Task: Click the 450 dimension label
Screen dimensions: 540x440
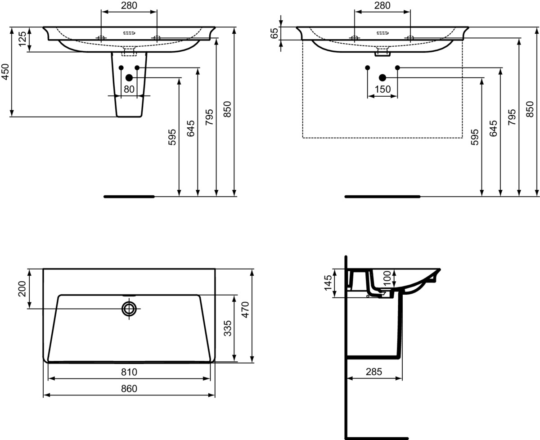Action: (x=5, y=72)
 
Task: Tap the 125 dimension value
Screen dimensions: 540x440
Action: (x=22, y=39)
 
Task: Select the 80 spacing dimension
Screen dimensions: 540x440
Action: (x=129, y=89)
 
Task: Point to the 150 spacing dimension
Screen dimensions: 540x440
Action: (x=382, y=89)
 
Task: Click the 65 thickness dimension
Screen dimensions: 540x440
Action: (x=274, y=33)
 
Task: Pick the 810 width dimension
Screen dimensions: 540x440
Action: (x=129, y=372)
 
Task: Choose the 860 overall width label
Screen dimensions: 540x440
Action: (x=129, y=389)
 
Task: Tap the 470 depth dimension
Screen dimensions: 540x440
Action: (x=245, y=310)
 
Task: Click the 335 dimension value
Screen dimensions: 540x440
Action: (x=228, y=328)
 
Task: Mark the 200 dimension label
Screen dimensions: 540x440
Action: (x=22, y=289)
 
